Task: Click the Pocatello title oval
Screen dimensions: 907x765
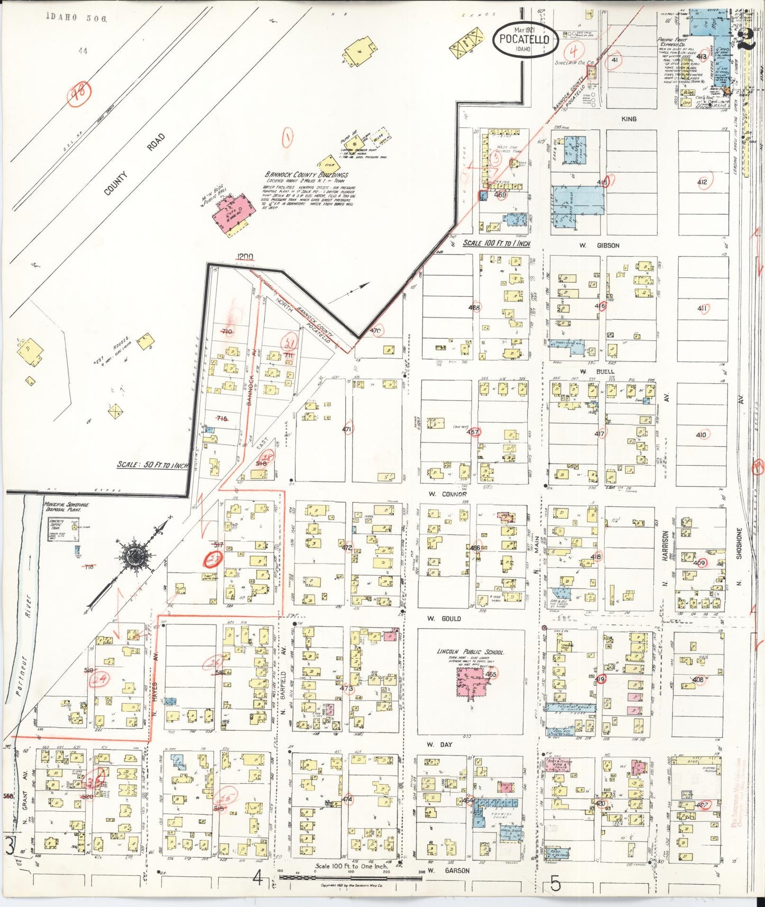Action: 525,39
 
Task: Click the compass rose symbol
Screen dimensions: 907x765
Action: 135,557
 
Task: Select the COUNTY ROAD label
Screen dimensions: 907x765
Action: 134,164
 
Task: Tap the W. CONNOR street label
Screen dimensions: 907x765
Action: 447,494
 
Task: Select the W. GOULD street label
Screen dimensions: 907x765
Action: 444,619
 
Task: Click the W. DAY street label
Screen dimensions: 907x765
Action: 440,745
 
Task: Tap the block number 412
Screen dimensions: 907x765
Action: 702,182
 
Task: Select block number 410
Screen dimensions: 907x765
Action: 701,434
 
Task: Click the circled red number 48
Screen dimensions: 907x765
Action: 80,94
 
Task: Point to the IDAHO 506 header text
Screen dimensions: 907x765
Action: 77,17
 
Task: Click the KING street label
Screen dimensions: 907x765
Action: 628,119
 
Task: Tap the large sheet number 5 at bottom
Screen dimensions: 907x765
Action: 555,884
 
